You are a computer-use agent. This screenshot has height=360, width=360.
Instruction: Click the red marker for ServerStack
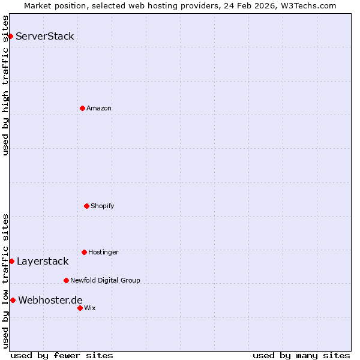click(10, 36)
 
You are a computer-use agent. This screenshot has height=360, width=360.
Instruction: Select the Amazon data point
click(82, 108)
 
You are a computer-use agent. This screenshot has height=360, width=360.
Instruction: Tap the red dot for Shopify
click(86, 206)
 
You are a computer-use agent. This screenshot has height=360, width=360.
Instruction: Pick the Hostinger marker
click(84, 252)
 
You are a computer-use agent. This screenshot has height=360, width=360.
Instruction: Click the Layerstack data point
click(11, 261)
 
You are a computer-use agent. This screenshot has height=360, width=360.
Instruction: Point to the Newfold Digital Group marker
click(66, 280)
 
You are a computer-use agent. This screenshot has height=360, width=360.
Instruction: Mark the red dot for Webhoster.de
click(13, 300)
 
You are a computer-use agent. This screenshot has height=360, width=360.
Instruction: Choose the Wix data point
click(80, 308)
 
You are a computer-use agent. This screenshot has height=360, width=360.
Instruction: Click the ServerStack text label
click(45, 36)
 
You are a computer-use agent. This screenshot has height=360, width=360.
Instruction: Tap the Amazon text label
click(99, 108)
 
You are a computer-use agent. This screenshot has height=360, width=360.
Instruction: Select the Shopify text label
click(103, 206)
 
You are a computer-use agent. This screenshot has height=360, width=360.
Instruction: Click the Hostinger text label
click(103, 252)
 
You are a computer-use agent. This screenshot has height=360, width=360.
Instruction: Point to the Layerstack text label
click(43, 261)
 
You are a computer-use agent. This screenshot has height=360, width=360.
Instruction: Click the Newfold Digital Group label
click(105, 280)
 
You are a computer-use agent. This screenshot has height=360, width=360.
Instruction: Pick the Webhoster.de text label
click(50, 300)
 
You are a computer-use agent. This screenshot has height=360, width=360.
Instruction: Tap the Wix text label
click(90, 308)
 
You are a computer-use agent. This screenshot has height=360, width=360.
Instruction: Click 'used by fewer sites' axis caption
click(62, 355)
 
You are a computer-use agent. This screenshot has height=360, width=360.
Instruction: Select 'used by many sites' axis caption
click(301, 355)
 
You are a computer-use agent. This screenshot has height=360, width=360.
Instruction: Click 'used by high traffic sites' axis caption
click(6, 86)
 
